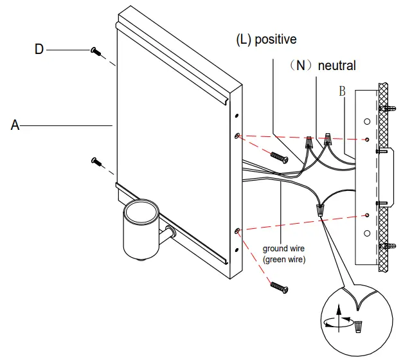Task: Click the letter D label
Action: (39, 49)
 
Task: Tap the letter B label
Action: (343, 92)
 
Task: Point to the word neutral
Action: (336, 66)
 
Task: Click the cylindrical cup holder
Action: (142, 228)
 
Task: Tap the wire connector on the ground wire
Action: (319, 209)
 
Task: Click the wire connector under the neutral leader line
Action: (328, 138)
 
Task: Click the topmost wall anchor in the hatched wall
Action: (387, 108)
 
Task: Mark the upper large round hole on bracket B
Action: (366, 120)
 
